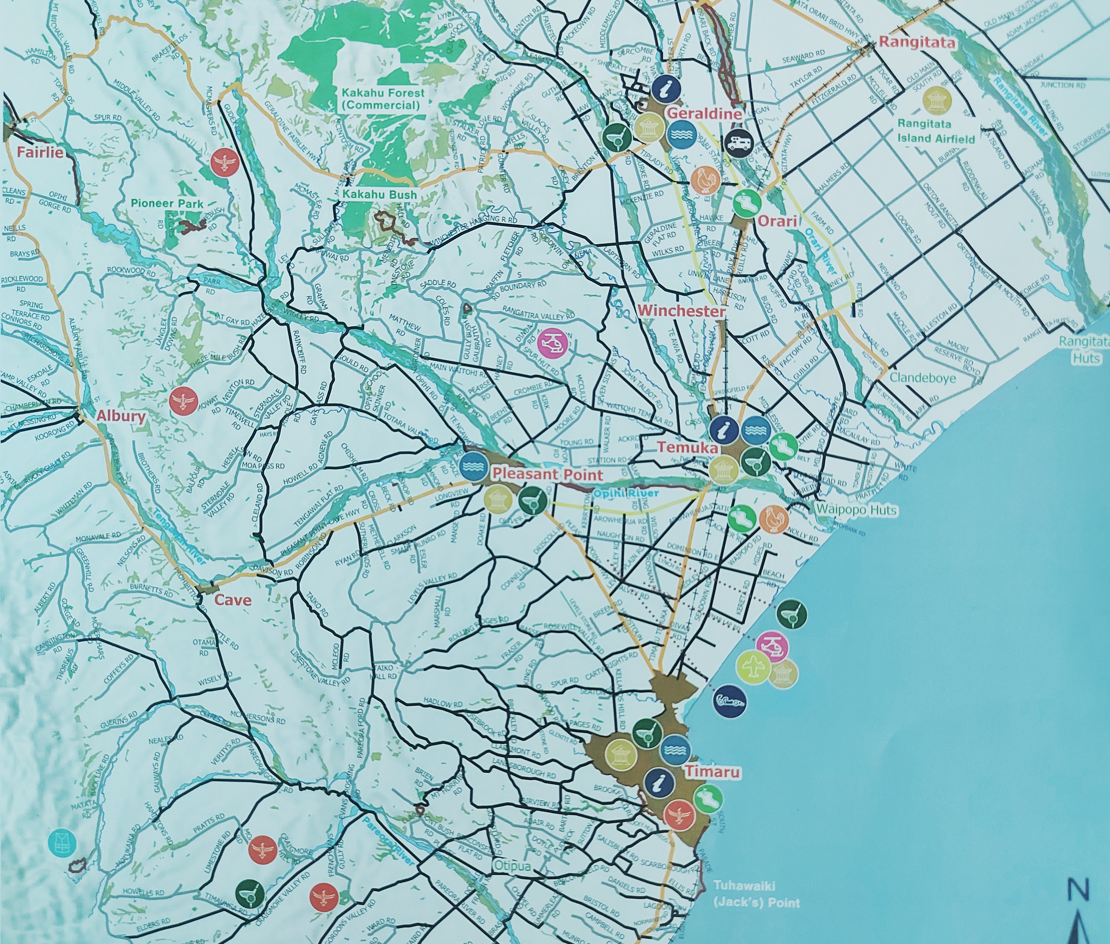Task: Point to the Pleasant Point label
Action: click(547, 474)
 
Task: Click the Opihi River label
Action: click(625, 492)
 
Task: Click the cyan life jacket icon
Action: click(62, 843)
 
